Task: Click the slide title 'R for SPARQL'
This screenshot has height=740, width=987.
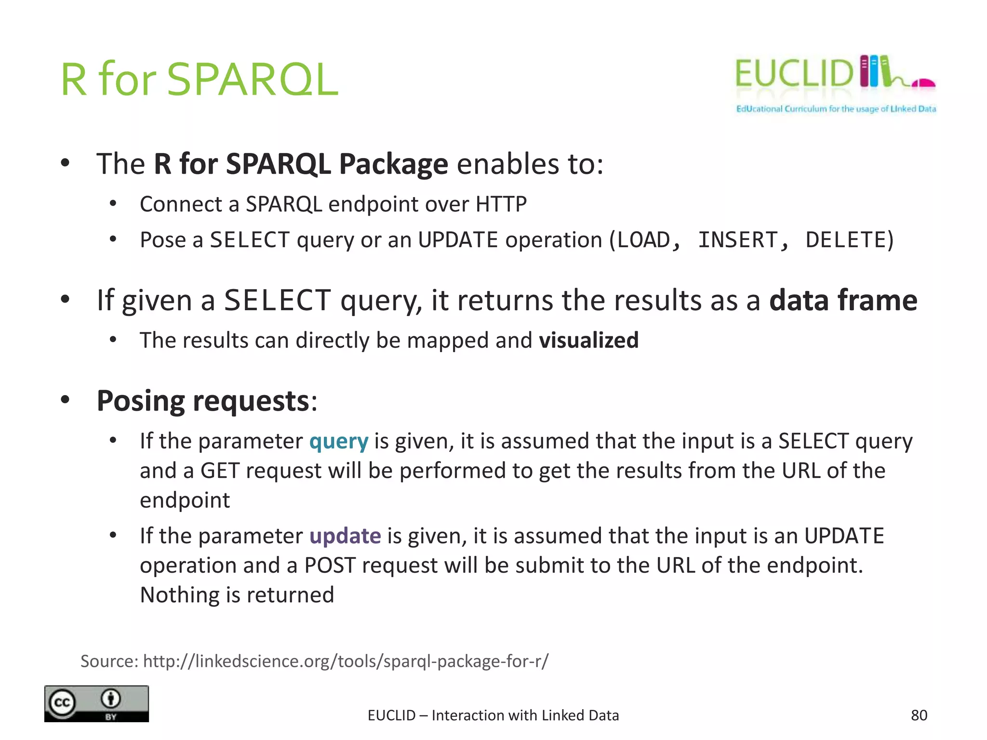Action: click(x=199, y=79)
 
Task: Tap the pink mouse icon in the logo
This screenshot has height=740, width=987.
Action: click(x=924, y=84)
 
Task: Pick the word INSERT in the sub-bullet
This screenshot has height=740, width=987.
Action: click(x=737, y=240)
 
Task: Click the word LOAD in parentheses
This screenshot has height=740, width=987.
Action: click(x=643, y=240)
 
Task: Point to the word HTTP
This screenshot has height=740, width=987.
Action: click(x=501, y=204)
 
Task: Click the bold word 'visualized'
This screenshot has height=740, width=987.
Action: click(x=588, y=340)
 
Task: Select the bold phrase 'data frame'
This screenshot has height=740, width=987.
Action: click(x=843, y=300)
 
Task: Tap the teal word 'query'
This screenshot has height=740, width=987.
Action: click(x=339, y=441)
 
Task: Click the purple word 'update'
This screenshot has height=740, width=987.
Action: click(x=345, y=536)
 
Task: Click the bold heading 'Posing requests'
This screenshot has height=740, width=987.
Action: click(x=202, y=401)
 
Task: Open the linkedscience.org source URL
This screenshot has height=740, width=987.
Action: click(x=346, y=661)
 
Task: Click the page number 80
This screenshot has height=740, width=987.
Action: click(x=919, y=715)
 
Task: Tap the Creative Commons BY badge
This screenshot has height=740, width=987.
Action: click(x=96, y=703)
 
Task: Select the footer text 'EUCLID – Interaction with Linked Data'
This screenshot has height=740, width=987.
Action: click(x=493, y=715)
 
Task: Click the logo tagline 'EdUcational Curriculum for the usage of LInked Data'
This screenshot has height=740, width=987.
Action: click(x=836, y=109)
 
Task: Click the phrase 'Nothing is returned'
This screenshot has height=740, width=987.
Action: click(x=237, y=595)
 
